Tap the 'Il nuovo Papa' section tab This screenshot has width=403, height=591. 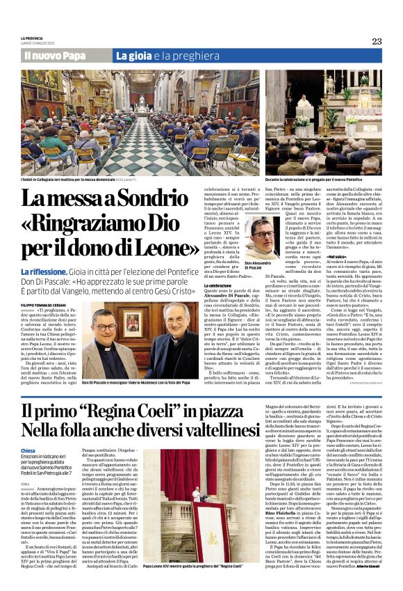point(54,55)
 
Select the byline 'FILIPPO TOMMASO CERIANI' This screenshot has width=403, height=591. point(45,285)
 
